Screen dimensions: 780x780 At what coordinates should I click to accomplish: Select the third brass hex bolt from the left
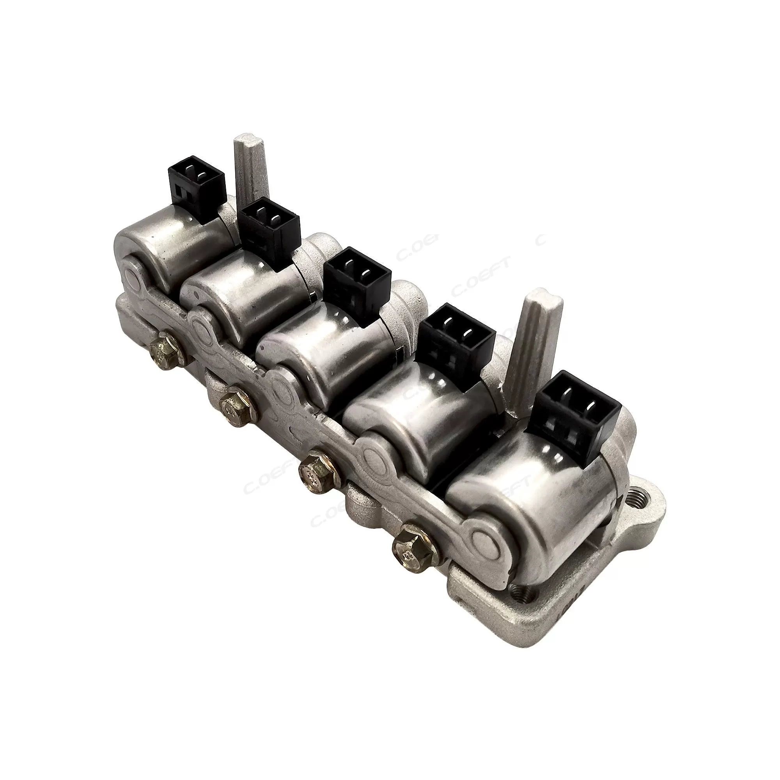pyautogui.click(x=316, y=471)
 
